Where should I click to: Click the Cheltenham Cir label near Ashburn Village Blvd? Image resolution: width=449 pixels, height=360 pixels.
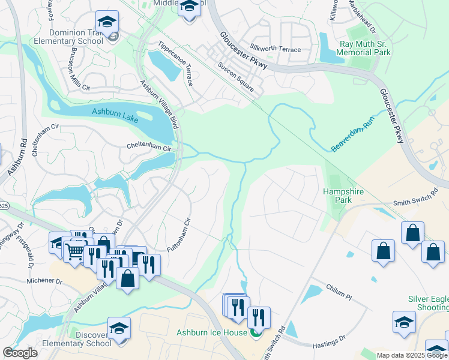point(149,146)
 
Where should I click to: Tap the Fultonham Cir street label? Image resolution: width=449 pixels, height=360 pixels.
point(178,235)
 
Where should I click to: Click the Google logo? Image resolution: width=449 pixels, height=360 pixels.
point(19,353)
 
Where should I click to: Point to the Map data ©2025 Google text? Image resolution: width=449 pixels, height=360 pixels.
point(411,355)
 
